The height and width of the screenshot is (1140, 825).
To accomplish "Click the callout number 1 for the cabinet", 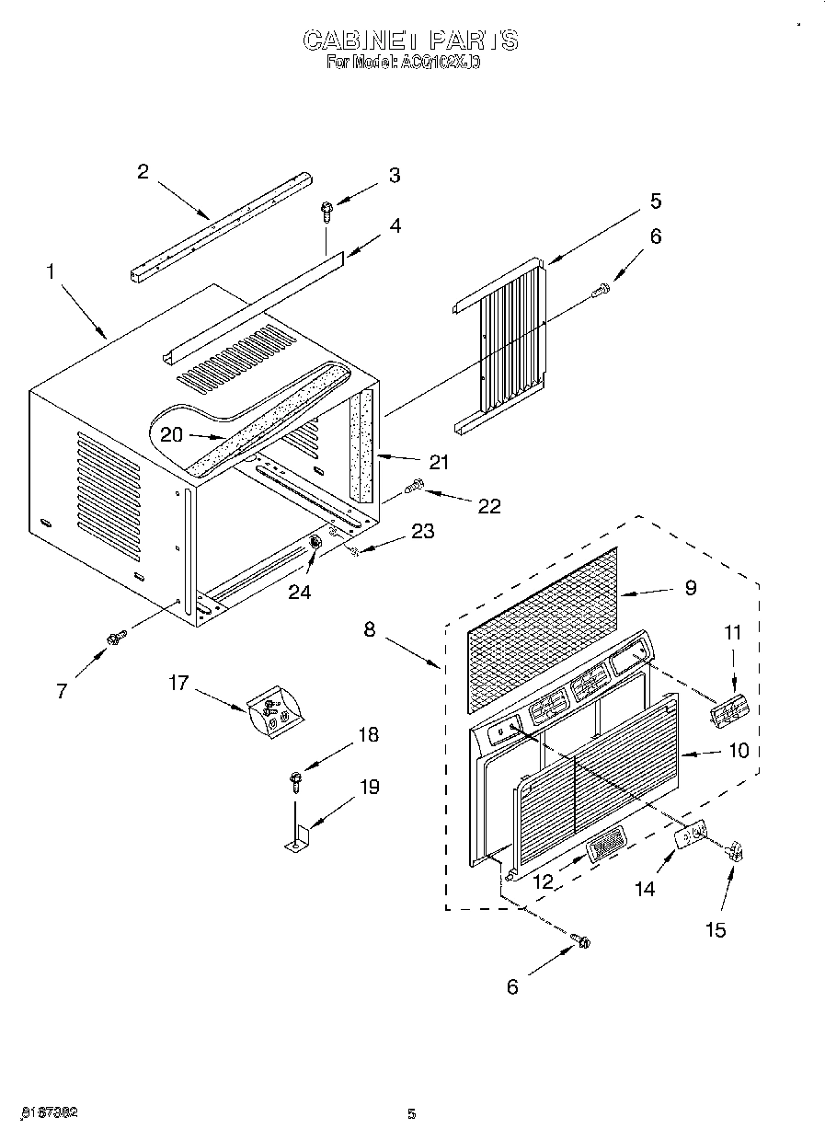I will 52,272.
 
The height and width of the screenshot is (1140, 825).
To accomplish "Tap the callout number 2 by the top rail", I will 143,172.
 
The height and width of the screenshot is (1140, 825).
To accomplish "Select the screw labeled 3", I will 327,212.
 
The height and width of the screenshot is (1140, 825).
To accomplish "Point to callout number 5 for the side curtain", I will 656,202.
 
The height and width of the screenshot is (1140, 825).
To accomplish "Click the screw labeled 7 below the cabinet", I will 116,637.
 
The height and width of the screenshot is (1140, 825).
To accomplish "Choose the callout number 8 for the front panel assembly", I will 370,630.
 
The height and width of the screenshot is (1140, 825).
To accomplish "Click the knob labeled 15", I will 735,852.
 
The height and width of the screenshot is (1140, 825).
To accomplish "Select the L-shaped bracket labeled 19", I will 297,838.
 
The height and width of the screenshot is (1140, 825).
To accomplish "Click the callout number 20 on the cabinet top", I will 172,435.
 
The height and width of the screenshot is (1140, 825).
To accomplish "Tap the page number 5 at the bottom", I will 412,1114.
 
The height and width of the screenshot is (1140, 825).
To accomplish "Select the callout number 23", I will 422,531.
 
